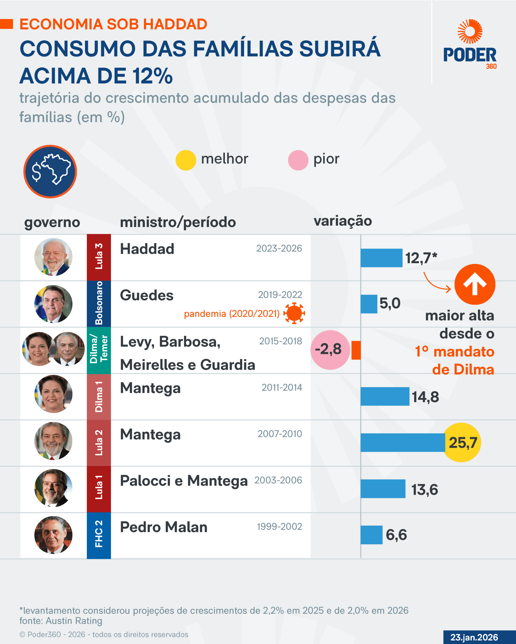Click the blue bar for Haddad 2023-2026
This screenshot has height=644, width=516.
(381, 258)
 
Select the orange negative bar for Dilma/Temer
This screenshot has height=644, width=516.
(356, 350)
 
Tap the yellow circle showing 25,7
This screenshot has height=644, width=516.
(462, 442)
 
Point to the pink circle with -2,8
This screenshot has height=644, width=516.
(330, 350)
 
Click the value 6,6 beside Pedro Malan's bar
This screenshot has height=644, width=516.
(396, 535)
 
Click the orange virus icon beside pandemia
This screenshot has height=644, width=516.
(294, 313)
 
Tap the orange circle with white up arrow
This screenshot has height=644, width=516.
(475, 284)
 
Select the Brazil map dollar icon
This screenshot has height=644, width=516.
(50, 172)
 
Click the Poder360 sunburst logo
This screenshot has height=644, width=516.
(470, 31)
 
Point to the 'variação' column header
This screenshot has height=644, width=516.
(343, 221)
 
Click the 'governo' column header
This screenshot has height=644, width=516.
(52, 222)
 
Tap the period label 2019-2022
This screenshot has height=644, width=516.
(280, 295)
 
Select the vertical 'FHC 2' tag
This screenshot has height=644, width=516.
(99, 535)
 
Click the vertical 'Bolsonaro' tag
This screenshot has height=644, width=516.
(99, 303)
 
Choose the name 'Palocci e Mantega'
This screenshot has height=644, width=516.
(184, 481)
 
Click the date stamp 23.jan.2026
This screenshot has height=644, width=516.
(474, 637)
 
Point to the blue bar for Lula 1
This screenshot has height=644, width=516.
(383, 489)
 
